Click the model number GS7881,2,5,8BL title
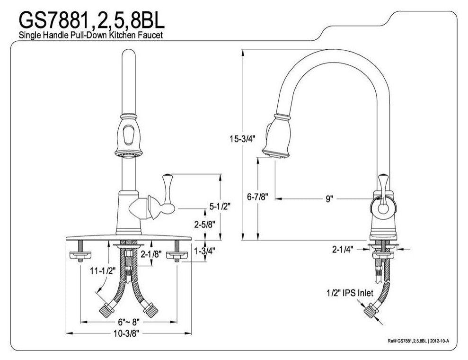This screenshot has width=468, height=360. pos(92,20)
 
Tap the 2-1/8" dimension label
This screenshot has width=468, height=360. pos(151,254)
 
